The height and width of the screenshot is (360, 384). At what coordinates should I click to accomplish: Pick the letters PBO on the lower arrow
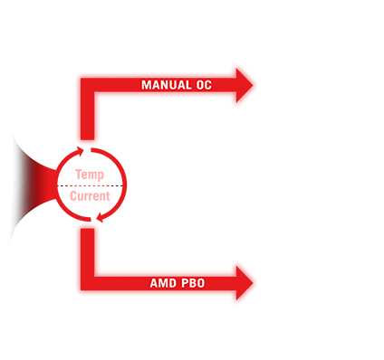[x=190, y=283]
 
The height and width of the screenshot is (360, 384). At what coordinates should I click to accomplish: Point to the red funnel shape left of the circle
[x=33, y=185]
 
